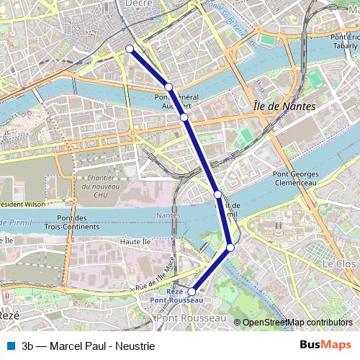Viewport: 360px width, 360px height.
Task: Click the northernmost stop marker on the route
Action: tap(130, 49)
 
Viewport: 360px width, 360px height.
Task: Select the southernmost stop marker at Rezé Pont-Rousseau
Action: tap(192, 292)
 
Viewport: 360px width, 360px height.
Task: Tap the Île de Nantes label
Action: tap(284, 107)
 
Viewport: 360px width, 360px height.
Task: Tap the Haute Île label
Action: tap(135, 241)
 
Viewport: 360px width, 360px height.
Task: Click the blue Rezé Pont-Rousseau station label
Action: tap(176, 295)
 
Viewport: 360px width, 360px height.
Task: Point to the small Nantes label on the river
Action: tap(168, 215)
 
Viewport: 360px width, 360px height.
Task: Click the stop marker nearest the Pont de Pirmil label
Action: tap(217, 194)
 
